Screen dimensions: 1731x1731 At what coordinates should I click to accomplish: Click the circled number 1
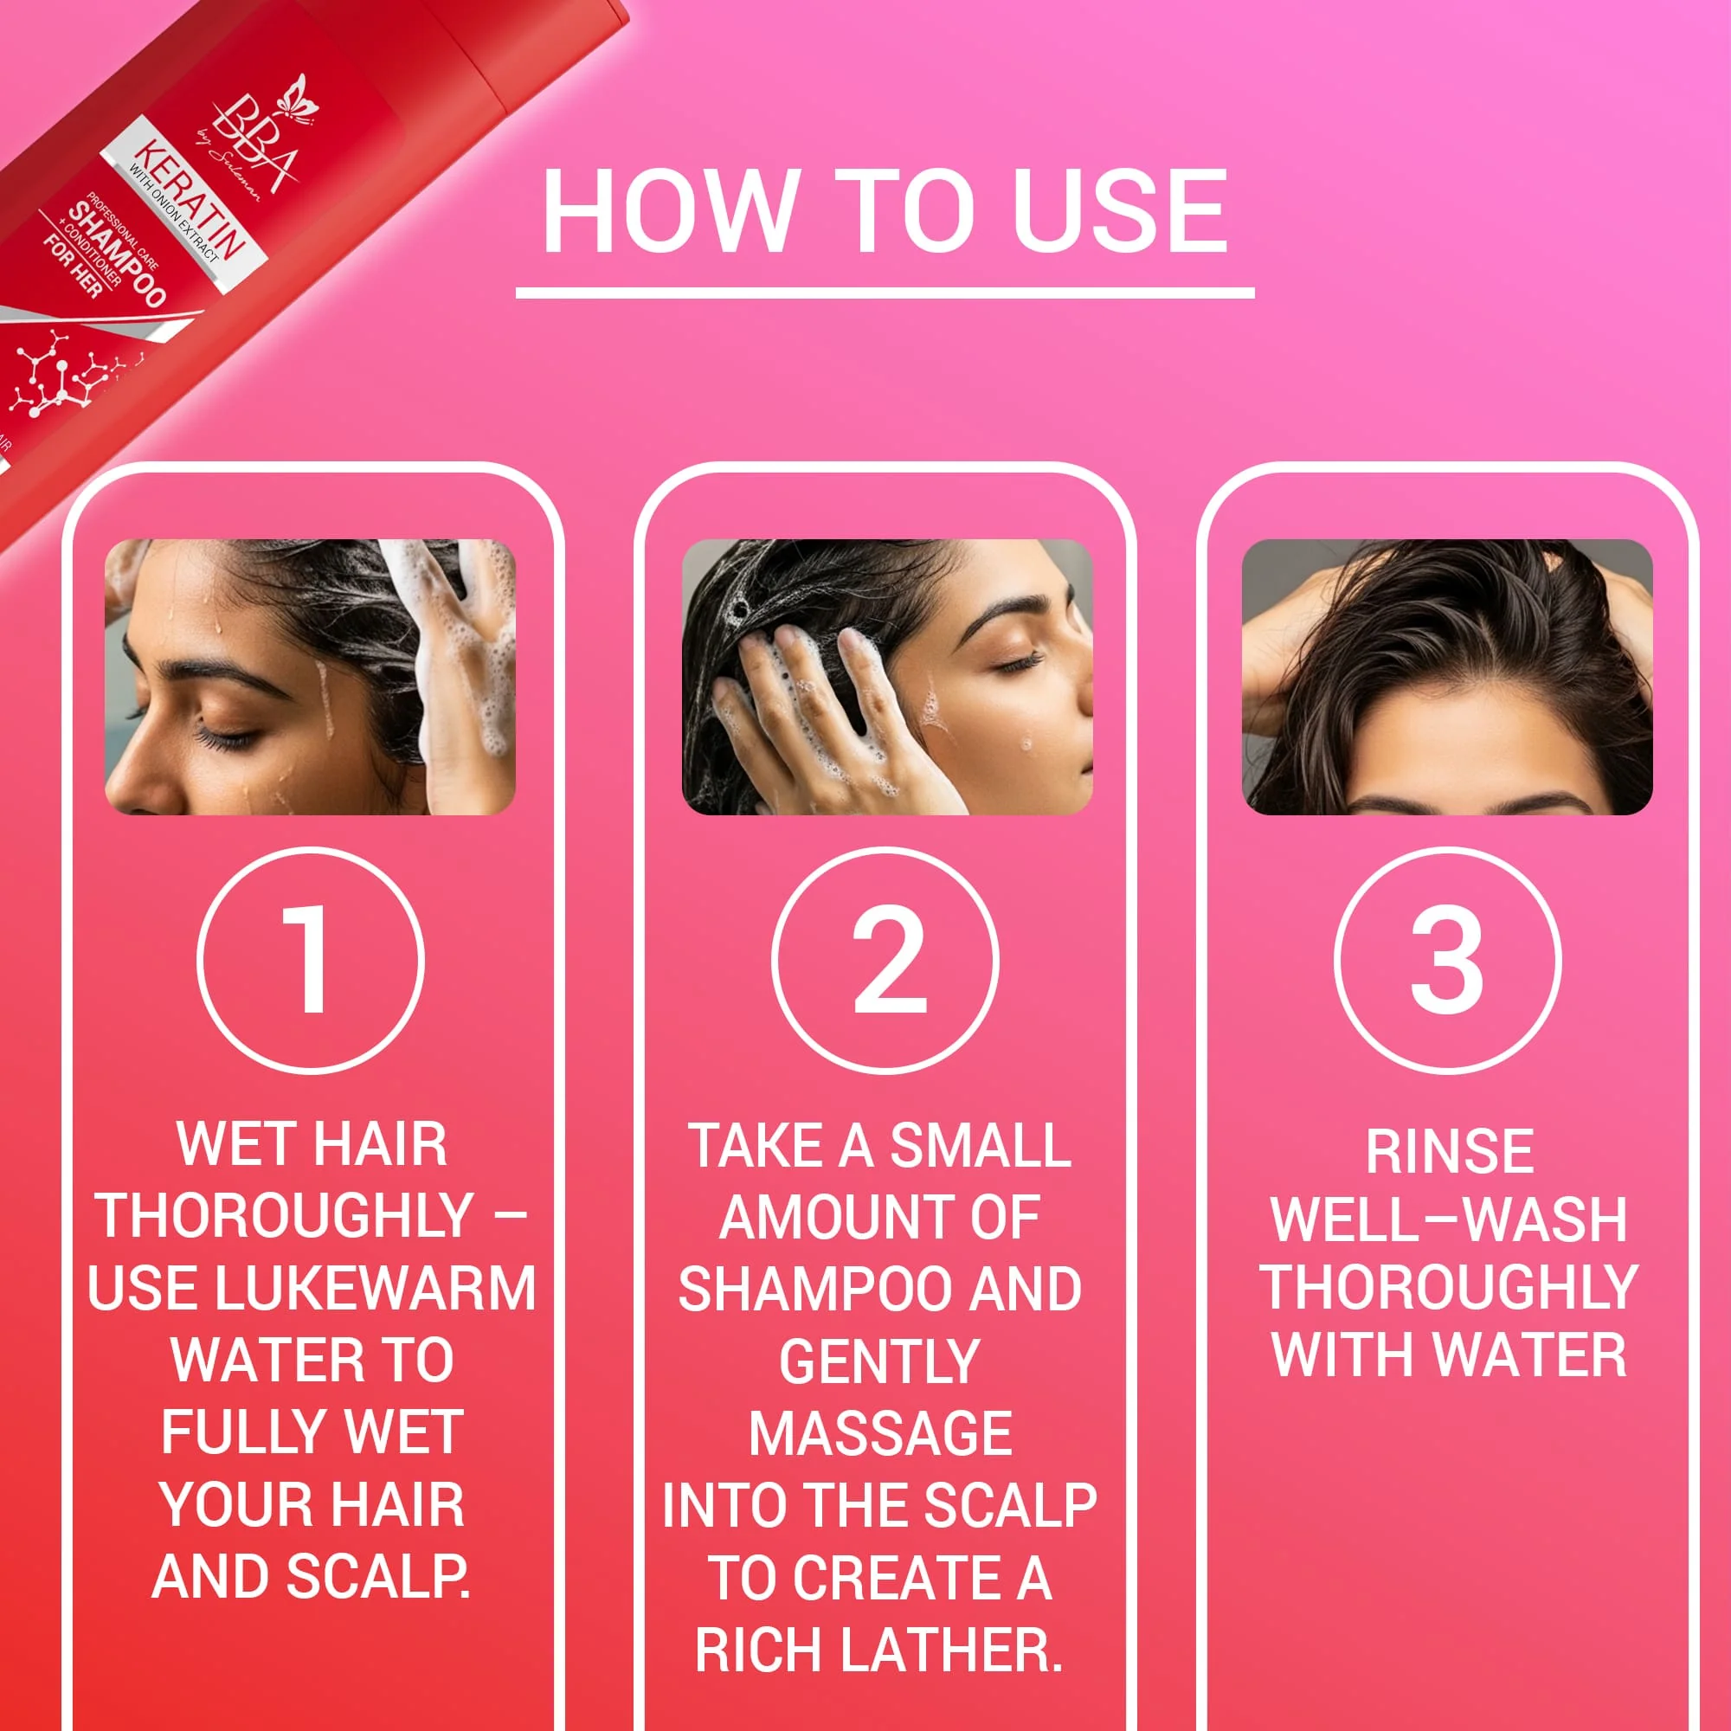[310, 961]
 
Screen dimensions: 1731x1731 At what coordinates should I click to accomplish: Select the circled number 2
[885, 961]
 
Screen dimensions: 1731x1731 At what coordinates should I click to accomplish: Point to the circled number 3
[1448, 961]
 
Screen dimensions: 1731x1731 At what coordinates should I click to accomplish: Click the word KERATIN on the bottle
[189, 201]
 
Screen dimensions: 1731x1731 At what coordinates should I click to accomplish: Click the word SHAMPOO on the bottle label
[118, 254]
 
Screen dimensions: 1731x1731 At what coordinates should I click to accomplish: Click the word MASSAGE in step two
[880, 1432]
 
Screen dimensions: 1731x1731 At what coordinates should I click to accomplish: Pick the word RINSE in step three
[1449, 1150]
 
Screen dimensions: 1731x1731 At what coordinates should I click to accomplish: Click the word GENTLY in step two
[879, 1361]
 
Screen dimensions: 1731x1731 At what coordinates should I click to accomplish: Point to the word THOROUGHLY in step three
[1449, 1288]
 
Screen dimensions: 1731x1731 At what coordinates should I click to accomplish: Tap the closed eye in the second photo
[1017, 663]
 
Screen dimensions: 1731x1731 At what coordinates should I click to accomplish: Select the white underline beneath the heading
[885, 293]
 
